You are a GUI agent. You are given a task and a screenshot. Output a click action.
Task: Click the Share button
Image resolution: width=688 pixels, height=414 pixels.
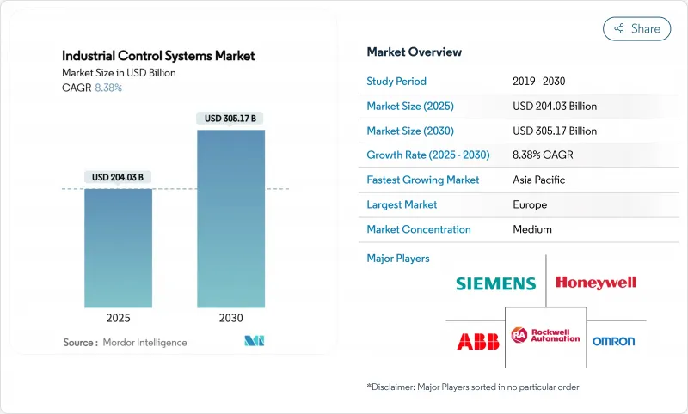point(636,28)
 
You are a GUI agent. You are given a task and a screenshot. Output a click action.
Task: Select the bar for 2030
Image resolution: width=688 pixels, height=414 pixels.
point(230,218)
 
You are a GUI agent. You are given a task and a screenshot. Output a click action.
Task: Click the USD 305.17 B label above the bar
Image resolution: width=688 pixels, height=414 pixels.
point(230,118)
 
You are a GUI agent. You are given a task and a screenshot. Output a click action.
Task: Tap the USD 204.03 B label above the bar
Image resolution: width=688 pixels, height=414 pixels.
point(118,177)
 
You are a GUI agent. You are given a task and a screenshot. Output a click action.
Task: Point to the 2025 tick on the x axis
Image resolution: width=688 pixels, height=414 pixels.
point(118,318)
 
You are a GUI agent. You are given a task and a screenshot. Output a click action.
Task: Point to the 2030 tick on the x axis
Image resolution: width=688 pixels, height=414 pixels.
point(230,318)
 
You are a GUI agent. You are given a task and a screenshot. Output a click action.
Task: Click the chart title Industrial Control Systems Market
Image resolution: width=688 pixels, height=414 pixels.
point(158,56)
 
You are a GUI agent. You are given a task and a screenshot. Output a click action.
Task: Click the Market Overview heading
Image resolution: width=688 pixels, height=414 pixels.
point(414,52)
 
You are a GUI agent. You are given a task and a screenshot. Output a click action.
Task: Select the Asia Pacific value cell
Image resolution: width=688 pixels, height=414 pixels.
point(539,180)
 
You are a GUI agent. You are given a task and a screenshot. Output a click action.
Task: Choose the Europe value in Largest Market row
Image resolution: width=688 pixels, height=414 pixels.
point(530,205)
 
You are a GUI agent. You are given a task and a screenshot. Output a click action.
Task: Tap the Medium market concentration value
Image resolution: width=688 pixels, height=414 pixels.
point(532,229)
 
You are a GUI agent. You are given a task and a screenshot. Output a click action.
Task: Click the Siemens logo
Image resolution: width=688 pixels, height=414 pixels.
point(495,283)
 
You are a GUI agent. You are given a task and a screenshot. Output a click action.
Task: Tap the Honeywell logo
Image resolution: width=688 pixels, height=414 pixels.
point(596,283)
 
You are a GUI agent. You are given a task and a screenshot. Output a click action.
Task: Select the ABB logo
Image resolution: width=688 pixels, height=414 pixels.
point(477,341)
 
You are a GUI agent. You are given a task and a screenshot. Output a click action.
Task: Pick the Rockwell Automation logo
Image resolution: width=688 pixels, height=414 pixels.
point(546,335)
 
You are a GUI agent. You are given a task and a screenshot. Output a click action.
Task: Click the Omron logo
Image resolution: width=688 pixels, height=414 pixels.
point(613,341)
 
